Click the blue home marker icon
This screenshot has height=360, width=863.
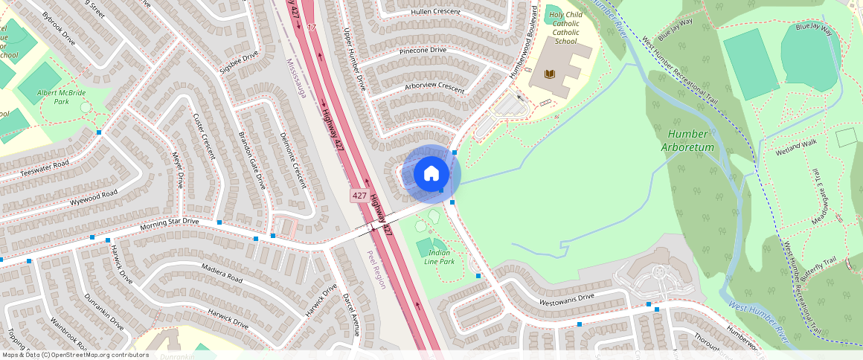coord(431,174)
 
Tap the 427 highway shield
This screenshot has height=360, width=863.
coord(359,196)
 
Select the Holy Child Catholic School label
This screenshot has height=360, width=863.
coord(565,28)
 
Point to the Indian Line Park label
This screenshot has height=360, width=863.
coord(439,257)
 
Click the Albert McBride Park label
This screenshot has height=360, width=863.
coord(62,97)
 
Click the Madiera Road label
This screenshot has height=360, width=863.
coord(222,272)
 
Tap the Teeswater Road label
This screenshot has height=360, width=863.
coord(45,169)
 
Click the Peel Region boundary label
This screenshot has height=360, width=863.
coord(376,269)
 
